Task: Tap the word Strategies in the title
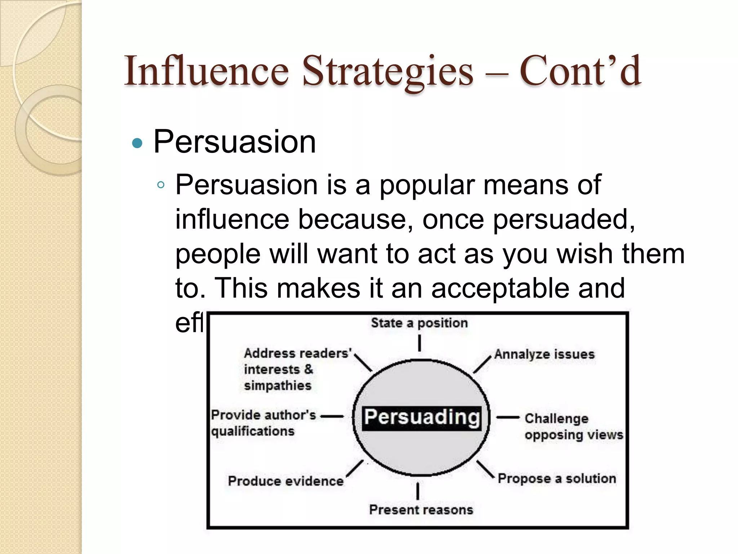pos(387,71)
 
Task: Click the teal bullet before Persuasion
pos(137,144)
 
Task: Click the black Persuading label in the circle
pos(421,418)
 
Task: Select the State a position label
pos(419,323)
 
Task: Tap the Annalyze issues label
pos(544,354)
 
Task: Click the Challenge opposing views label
pos(573,426)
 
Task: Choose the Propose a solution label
pos(557,479)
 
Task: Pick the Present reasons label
pos(421,510)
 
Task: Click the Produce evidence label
pos(285,481)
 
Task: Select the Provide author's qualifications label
pos(263,423)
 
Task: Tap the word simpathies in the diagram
pos(277,386)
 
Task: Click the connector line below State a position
pos(419,343)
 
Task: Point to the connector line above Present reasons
pos(418,491)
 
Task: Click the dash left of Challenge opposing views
pos(508,418)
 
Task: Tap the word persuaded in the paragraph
pos(560,219)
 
